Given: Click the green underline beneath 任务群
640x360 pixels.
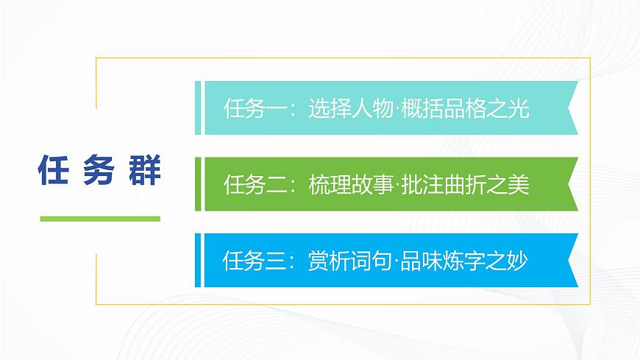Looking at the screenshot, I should click(99, 219).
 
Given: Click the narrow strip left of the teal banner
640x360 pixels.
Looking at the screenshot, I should click(198, 108).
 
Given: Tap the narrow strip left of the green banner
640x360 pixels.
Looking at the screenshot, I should click(198, 184).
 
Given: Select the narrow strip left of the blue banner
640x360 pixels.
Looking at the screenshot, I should click(198, 260).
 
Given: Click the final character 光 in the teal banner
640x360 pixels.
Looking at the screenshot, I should click(519, 110).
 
